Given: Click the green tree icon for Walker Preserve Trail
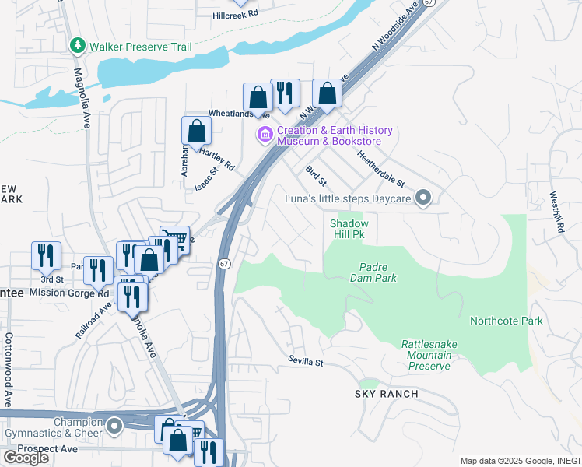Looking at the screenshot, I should coord(77,47).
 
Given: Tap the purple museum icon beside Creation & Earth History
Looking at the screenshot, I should coord(265,135).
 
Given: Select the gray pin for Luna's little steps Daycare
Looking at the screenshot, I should coord(423,199).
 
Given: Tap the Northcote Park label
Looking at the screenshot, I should coord(506,321).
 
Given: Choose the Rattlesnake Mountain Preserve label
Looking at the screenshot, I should coord(426,355).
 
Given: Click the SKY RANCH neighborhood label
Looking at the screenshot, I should coord(387,394).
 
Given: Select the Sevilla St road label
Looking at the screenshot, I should coord(305,362).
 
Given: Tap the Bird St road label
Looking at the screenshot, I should coord(315,176).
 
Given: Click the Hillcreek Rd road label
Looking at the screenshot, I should coord(246,14).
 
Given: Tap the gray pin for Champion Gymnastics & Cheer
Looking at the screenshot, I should coord(115,426).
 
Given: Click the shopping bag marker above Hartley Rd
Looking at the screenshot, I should coord(196,132).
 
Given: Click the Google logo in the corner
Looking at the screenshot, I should coord(26,458).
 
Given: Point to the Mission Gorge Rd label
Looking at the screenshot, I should coord(70,293).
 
